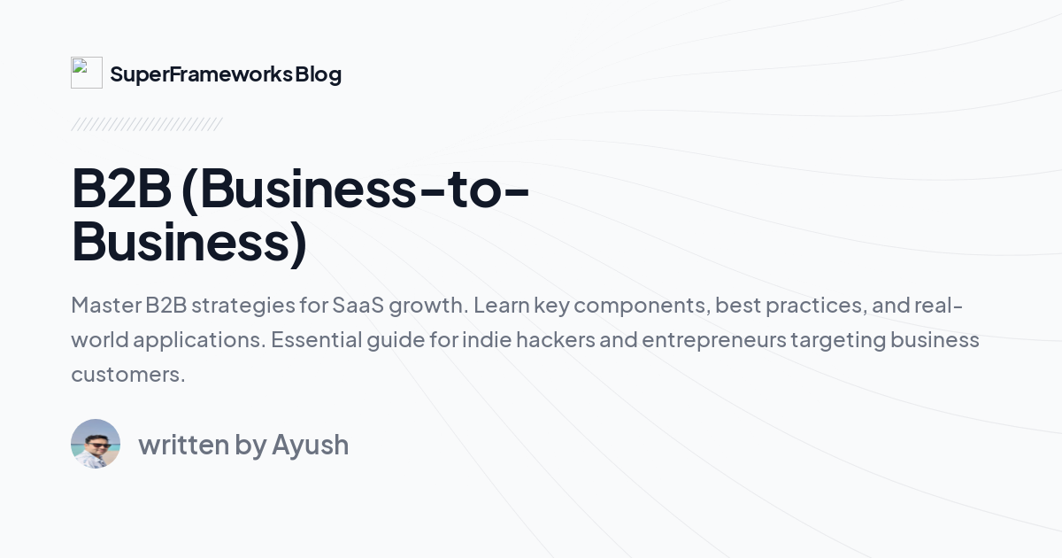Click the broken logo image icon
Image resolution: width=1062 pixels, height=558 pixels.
[x=86, y=73]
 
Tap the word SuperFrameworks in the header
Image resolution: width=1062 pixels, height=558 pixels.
[x=201, y=74]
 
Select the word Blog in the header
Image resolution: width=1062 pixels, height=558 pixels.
[x=319, y=74]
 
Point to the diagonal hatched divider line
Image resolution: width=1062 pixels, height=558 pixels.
[x=146, y=124]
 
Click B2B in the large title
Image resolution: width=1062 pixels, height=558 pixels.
[x=120, y=189]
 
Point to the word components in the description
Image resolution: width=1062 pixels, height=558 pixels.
[x=641, y=306]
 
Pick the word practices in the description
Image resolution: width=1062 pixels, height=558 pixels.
[x=813, y=306]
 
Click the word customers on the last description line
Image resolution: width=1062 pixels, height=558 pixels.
[x=127, y=375]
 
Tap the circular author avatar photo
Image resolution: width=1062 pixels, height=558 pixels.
[x=96, y=444]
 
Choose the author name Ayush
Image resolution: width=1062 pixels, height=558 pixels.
[x=310, y=445]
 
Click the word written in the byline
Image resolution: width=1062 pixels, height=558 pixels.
[x=183, y=445]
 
